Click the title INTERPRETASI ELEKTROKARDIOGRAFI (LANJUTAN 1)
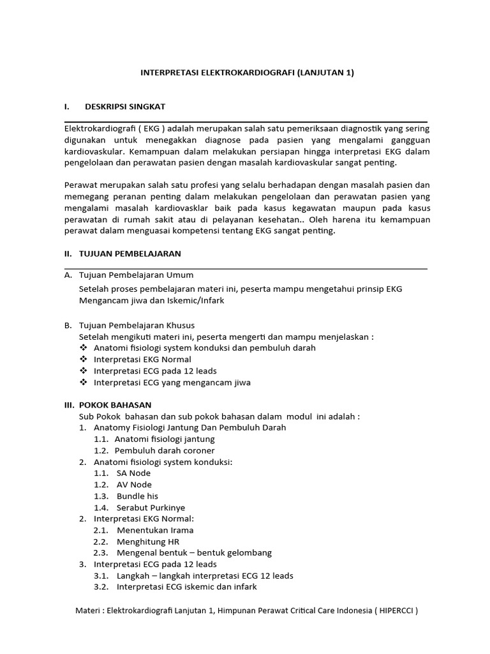click(246, 73)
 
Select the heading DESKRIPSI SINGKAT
click(124, 106)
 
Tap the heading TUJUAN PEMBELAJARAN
click(130, 254)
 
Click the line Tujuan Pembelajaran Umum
click(135, 275)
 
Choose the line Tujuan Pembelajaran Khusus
click(137, 326)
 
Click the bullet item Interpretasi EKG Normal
click(142, 360)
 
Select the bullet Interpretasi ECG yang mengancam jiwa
click(172, 383)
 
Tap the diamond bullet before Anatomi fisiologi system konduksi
click(83, 348)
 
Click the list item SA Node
click(133, 473)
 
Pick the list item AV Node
click(133, 485)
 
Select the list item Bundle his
click(137, 496)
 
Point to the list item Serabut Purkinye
click(146, 508)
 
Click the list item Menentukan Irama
click(154, 530)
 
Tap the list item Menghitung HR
click(147, 542)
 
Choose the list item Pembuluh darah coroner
click(165, 451)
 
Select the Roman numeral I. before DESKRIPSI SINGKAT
click(67, 106)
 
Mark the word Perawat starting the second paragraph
click(80, 185)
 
